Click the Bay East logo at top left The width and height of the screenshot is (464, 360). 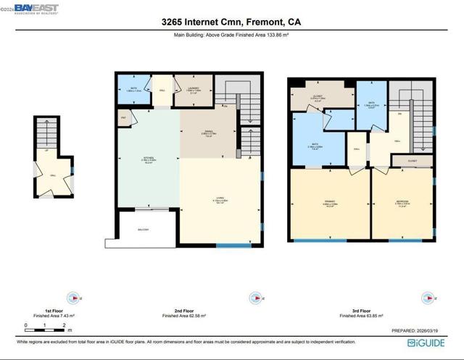[33, 9]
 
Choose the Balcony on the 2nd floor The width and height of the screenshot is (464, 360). [144, 230]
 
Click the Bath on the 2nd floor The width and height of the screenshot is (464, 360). [132, 90]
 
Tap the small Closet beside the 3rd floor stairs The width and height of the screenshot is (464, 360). [412, 161]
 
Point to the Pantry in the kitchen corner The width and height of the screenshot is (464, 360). [123, 117]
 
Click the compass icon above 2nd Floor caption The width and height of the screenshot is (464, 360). [254, 297]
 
